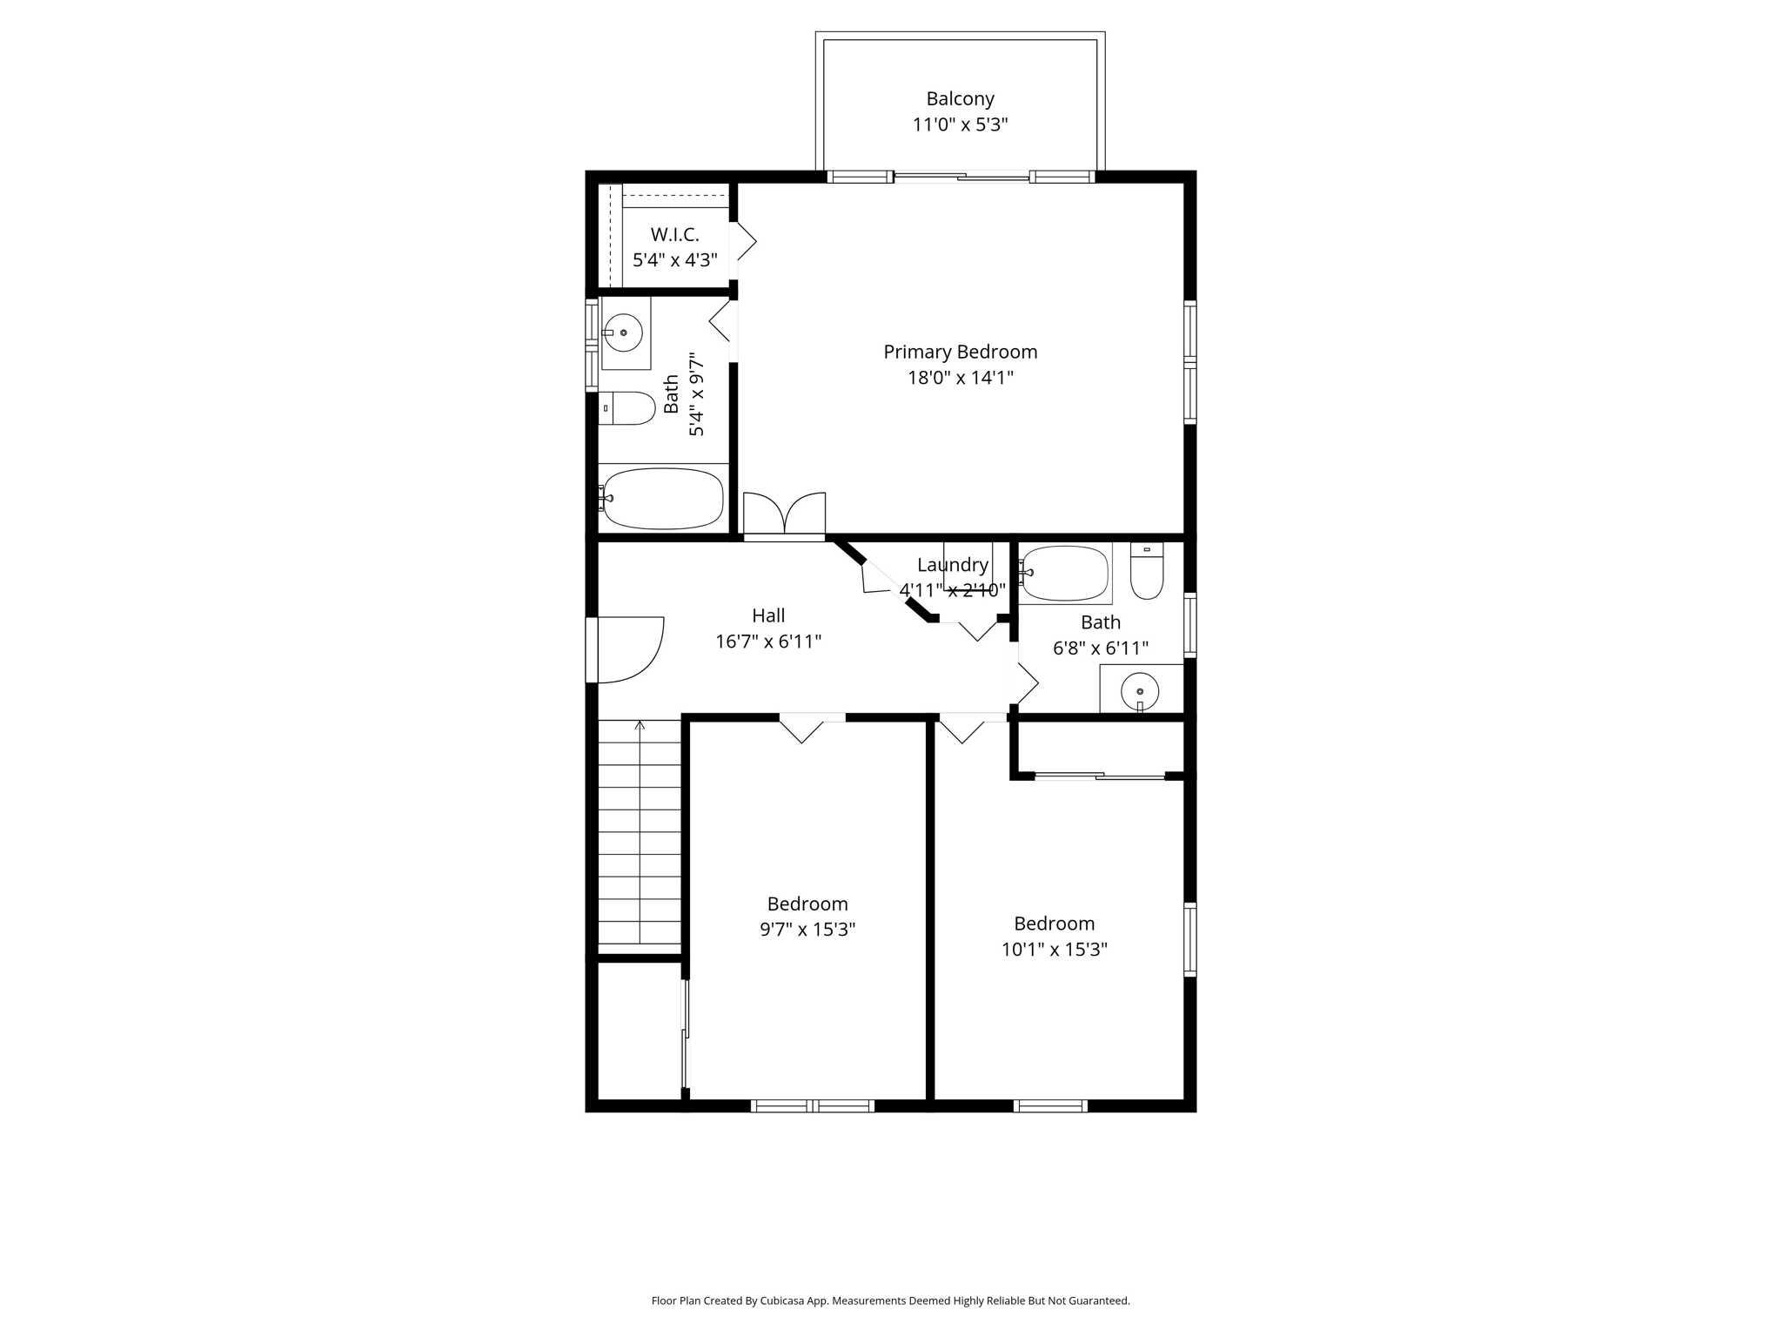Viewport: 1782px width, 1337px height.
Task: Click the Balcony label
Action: (960, 99)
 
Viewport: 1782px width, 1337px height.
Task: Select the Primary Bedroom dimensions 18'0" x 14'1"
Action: (960, 378)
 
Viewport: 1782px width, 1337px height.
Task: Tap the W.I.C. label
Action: (674, 235)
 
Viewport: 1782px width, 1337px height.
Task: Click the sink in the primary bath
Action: (623, 333)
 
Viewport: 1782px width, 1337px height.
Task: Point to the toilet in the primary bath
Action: (628, 407)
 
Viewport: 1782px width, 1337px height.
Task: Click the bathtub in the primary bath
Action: (663, 499)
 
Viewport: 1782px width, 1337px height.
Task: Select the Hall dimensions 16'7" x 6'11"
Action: (768, 642)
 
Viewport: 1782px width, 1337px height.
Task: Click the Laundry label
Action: (953, 565)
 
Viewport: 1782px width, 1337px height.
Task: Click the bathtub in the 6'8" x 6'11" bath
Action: (1065, 573)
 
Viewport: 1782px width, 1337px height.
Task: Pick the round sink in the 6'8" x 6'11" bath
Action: (1140, 692)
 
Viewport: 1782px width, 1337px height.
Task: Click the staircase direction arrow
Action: (640, 725)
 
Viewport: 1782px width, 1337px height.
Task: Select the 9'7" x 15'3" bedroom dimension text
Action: (807, 930)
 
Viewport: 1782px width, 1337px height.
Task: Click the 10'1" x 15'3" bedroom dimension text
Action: (1054, 950)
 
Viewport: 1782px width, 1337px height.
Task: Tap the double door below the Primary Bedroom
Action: (785, 515)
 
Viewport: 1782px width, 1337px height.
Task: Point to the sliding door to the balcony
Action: (961, 178)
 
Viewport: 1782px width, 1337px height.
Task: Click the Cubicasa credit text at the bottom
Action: (890, 1301)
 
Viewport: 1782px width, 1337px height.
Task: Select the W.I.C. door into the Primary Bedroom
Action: (742, 241)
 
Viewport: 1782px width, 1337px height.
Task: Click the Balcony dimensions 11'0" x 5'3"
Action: (960, 125)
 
